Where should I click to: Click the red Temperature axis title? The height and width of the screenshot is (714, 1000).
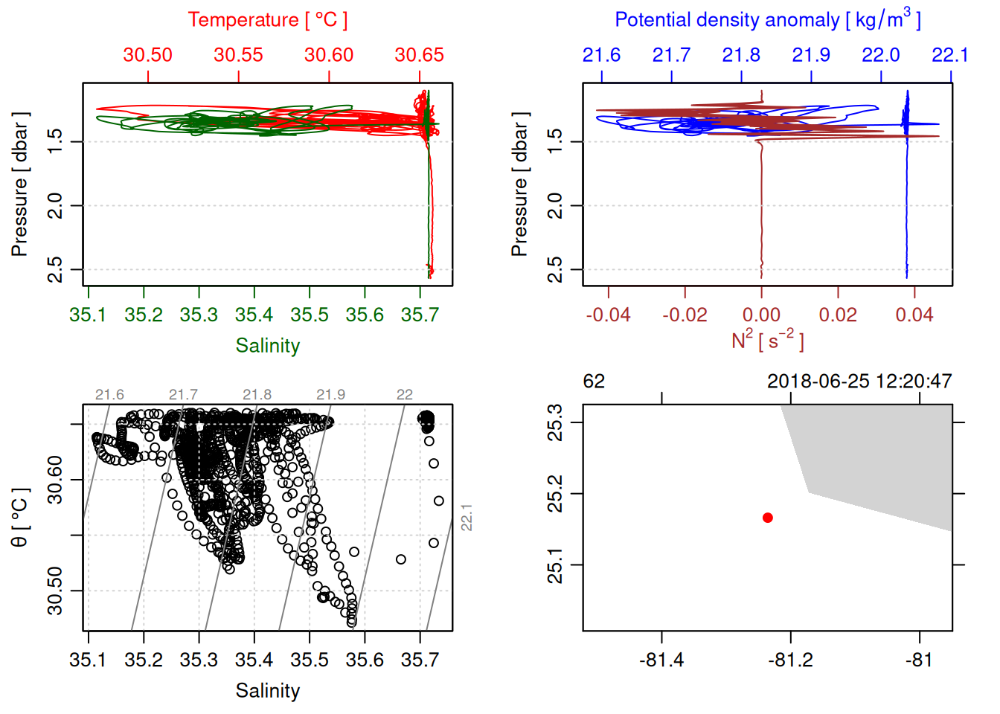pyautogui.click(x=267, y=20)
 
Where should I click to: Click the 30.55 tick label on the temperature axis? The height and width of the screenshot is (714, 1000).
pyautogui.click(x=238, y=55)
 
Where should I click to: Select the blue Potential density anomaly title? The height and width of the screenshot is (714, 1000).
pyautogui.click(x=767, y=19)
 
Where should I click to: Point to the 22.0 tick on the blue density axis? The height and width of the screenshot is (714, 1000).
pyautogui.click(x=881, y=55)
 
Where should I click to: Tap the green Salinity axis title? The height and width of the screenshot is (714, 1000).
pyautogui.click(x=267, y=346)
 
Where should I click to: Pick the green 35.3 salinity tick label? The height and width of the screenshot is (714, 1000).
pyautogui.click(x=199, y=315)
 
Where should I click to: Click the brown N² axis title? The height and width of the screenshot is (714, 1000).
pyautogui.click(x=767, y=340)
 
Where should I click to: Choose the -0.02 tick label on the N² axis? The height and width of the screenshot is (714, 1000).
pyautogui.click(x=685, y=315)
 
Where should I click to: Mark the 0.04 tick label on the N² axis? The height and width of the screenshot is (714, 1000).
pyautogui.click(x=914, y=315)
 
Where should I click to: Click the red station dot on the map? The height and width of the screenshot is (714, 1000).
pyautogui.click(x=768, y=518)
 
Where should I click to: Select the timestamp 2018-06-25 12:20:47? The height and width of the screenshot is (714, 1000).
pyautogui.click(x=859, y=382)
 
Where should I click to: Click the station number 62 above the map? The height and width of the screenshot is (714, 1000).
pyautogui.click(x=594, y=382)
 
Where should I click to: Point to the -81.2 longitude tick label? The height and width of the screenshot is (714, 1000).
pyautogui.click(x=790, y=660)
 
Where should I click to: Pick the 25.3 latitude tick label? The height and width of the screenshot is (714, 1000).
pyautogui.click(x=555, y=422)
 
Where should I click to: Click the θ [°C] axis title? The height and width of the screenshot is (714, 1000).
pyautogui.click(x=19, y=518)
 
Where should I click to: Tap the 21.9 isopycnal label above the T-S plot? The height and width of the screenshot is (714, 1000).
pyautogui.click(x=330, y=394)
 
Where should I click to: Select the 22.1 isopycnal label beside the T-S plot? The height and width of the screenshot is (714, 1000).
pyautogui.click(x=467, y=518)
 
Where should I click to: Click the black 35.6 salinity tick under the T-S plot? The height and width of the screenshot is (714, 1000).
pyautogui.click(x=365, y=660)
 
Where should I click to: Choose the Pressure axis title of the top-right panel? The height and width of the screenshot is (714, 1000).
pyautogui.click(x=519, y=184)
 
